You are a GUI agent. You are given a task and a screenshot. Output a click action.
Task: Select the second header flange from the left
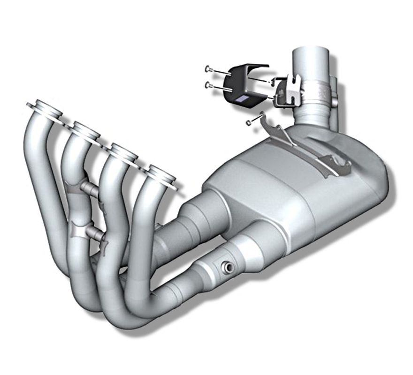[86, 129]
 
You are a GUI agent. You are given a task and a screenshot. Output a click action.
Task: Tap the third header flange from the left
[123, 151]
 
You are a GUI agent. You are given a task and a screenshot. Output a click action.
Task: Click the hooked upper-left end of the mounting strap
[266, 119]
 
